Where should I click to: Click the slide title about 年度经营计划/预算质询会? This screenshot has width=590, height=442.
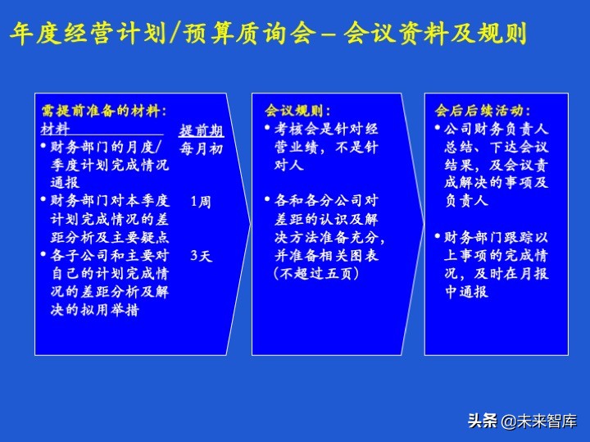coord(267,34)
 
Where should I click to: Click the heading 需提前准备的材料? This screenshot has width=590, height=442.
coord(103,111)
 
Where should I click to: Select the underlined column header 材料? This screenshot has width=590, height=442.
coord(56,129)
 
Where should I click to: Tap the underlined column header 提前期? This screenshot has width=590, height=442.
coord(201,130)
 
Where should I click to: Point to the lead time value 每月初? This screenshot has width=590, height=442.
coord(201,148)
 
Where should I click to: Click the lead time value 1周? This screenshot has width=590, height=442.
coord(200,201)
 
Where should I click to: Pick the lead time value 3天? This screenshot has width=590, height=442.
coord(200,256)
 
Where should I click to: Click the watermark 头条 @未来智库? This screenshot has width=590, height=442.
coord(522,421)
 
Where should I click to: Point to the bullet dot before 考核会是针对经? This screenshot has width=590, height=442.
coord(268,130)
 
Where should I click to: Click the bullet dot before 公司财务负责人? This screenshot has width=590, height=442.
coord(438,130)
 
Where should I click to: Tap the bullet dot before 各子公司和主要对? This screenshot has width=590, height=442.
coord(43,256)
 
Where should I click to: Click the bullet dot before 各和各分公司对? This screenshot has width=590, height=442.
coord(268,201)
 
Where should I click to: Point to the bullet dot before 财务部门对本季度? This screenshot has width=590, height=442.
coord(43,201)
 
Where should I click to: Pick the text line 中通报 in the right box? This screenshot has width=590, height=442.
coord(466,292)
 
